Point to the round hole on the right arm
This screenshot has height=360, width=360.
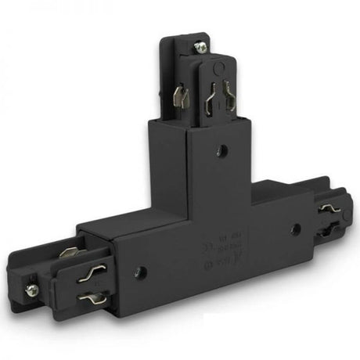[x=295, y=230]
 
